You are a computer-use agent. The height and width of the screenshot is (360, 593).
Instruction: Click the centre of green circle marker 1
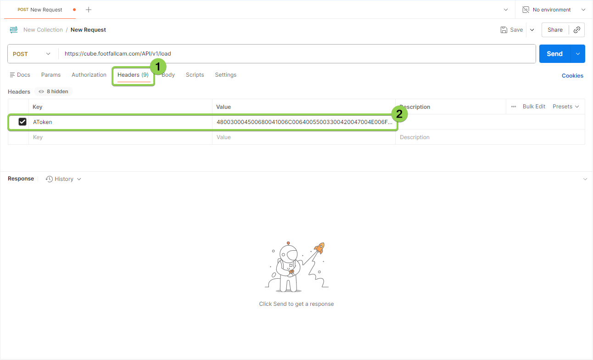158,67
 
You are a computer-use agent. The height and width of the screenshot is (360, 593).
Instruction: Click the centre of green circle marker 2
399,114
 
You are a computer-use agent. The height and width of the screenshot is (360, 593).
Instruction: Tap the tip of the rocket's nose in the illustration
323,243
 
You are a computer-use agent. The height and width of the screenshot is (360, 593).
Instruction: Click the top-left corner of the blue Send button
539,45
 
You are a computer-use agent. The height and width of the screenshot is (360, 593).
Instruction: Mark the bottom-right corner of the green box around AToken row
398,130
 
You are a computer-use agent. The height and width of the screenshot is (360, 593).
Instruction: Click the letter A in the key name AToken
35,122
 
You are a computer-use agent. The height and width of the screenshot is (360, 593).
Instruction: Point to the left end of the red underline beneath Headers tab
117,82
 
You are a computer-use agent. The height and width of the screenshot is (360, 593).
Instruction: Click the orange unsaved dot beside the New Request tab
74,10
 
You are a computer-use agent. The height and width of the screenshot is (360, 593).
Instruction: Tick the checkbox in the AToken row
22,122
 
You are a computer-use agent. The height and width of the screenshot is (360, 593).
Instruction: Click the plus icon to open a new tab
89,10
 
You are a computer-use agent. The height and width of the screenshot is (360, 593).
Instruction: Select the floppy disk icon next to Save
504,30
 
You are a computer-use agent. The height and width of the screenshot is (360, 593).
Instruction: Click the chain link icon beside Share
577,30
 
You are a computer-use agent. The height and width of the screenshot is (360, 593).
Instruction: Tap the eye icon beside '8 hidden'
41,92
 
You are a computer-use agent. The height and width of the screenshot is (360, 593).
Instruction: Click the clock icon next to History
49,179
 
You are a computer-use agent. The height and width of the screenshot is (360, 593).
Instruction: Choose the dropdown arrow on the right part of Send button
578,54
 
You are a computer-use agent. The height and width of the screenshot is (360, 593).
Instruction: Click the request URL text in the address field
118,54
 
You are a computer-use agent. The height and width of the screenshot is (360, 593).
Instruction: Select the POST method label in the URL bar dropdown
20,54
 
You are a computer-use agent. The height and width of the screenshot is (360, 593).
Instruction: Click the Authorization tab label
89,75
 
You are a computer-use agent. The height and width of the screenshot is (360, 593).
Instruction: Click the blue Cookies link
572,76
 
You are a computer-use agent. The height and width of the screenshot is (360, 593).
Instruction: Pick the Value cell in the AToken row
304,122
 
